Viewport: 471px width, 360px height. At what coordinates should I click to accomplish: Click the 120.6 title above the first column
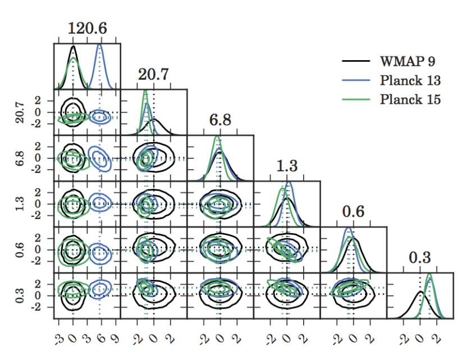point(87,29)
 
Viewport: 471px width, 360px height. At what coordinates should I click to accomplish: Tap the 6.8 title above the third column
point(220,121)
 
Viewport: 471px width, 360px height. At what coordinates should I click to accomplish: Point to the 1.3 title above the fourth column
point(287,166)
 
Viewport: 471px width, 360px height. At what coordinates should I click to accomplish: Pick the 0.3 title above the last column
point(419,258)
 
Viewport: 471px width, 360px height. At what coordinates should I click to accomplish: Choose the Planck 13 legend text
point(410,80)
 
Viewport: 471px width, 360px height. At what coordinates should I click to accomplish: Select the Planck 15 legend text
point(410,99)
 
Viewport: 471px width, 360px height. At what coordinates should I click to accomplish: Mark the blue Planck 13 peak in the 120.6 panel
point(100,45)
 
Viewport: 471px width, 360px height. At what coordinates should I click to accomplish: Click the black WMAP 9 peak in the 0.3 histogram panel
point(420,292)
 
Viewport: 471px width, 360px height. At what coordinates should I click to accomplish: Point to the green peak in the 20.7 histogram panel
point(145,91)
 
